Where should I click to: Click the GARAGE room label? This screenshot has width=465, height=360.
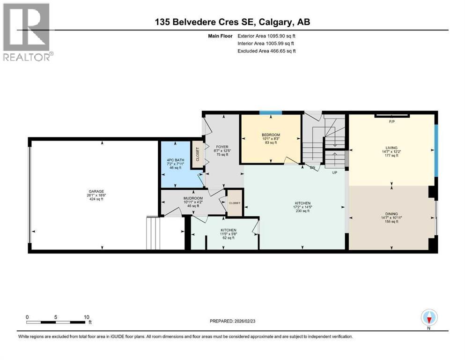95,191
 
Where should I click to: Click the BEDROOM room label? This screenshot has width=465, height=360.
271,135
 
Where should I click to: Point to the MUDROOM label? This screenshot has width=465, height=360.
193,199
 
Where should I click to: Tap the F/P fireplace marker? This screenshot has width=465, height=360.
392,122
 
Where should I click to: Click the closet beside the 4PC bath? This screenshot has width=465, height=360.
197,155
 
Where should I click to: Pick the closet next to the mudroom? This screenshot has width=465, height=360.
234,203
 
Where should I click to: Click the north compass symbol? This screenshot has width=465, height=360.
429,318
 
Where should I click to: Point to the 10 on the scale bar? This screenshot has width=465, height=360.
87,317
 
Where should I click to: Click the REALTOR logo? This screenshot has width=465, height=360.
28,32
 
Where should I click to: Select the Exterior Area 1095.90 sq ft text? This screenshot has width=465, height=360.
266,36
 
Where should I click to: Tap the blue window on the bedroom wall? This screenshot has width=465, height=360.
271,112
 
